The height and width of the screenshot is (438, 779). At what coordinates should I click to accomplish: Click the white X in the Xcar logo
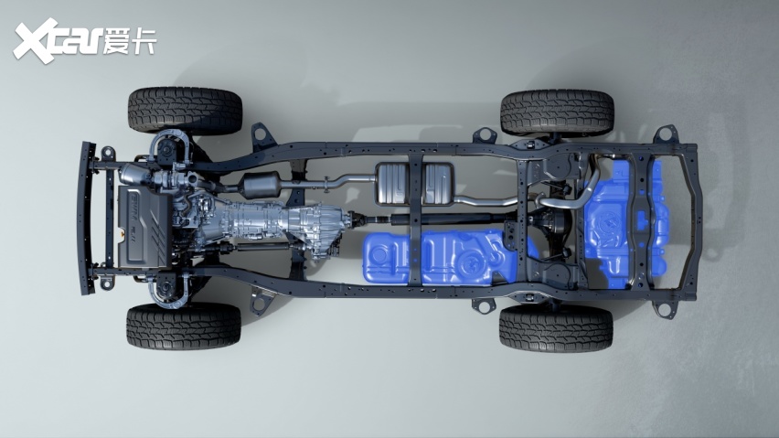34,41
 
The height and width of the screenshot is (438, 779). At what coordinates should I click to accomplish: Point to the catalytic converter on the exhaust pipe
261,186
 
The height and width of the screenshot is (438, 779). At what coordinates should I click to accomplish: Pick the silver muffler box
415,183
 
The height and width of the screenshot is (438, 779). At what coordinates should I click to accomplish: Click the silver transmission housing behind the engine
278,222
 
